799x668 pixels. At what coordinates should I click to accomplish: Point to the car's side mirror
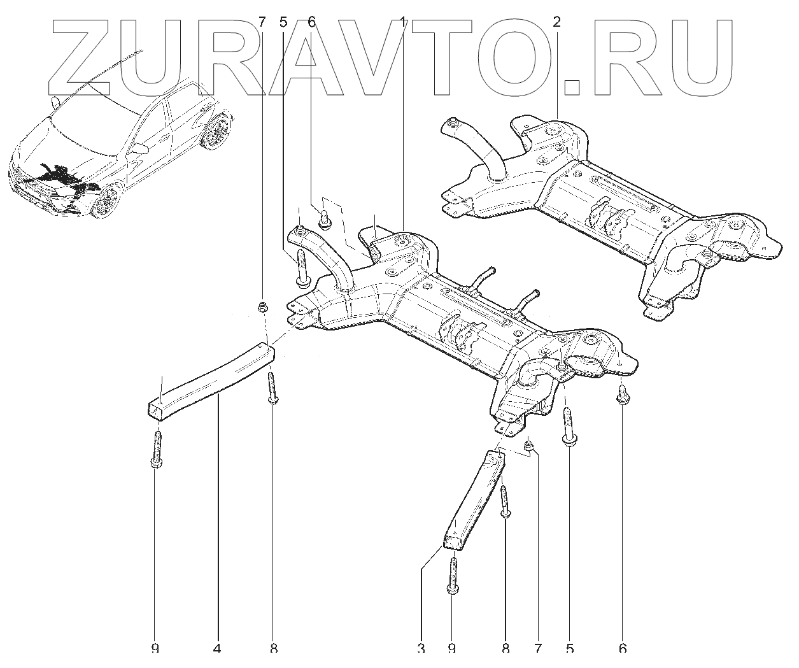coord(141,148)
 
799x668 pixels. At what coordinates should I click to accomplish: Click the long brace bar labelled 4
coord(210,379)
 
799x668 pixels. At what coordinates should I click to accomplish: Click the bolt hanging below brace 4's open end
coord(157,449)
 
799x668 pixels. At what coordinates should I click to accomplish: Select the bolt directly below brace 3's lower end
coord(452,576)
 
